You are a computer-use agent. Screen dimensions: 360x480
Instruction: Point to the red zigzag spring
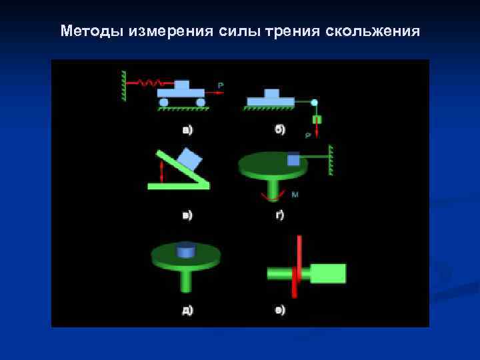click(150, 83)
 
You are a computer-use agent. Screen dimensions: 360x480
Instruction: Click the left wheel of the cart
click(164, 102)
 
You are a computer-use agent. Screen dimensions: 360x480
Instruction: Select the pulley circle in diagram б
click(315, 103)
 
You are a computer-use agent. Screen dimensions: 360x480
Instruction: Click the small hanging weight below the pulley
click(317, 120)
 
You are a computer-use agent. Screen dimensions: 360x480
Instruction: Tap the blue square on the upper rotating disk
click(293, 159)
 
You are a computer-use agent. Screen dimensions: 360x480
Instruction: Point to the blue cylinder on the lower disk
click(186, 251)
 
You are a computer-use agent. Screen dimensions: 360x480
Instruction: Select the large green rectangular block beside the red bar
click(328, 273)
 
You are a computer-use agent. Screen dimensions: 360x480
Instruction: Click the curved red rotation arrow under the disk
click(271, 196)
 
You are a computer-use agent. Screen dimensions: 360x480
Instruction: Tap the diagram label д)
click(188, 310)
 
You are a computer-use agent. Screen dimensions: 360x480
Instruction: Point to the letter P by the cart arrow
click(221, 85)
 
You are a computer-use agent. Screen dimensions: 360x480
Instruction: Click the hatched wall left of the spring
click(124, 85)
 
